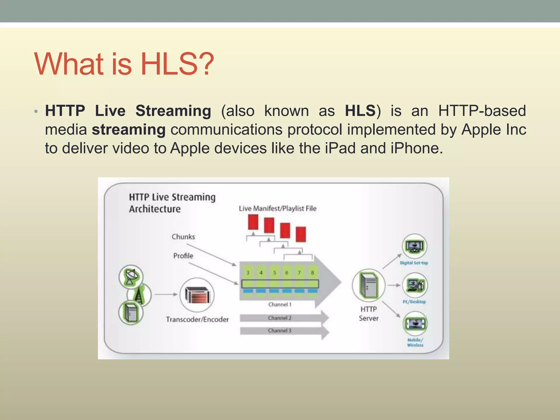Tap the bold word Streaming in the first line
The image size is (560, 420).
173,111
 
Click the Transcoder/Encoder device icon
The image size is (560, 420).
197,295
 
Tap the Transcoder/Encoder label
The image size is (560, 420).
197,319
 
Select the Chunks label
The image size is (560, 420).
183,237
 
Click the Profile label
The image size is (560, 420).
183,256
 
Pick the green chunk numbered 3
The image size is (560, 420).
248,273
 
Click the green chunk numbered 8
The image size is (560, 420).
312,273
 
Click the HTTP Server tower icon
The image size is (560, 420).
369,285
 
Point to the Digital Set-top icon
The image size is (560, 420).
415,246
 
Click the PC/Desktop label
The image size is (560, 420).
414,302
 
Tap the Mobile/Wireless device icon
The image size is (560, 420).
415,324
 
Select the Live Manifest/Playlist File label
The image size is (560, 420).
278,209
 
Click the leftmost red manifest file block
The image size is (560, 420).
253,222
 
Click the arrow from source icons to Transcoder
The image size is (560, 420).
166,294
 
